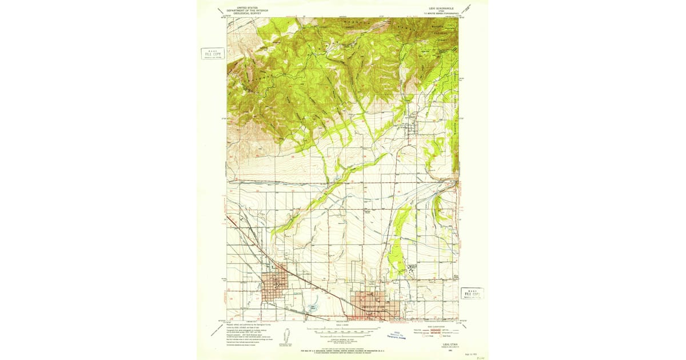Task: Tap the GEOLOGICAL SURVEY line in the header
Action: (x=247, y=13)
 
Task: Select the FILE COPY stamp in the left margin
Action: (x=213, y=54)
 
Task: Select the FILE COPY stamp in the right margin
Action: (x=472, y=293)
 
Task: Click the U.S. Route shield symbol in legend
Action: (x=424, y=337)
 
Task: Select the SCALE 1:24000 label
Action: (x=343, y=325)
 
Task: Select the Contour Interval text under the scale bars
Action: (x=343, y=338)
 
